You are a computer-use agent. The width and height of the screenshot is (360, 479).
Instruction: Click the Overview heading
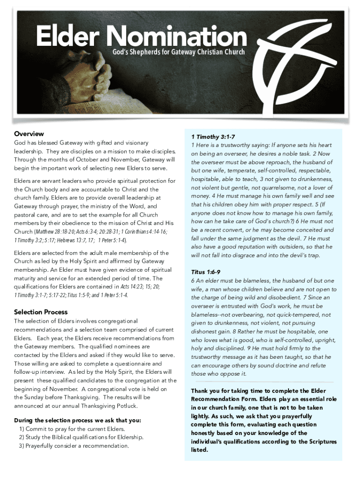29,134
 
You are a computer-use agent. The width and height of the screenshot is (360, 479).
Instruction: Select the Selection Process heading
41,312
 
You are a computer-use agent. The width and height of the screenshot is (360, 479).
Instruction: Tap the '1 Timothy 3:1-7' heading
213,137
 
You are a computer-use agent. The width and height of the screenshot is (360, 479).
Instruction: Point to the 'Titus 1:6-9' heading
206,272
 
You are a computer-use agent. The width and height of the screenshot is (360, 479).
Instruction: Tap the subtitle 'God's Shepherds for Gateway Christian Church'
178,51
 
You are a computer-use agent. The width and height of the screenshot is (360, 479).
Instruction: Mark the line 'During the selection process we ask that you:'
77,421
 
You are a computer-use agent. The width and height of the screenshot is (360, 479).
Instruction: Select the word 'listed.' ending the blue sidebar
199,450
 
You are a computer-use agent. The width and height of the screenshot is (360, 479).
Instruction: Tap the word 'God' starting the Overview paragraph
20,143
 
